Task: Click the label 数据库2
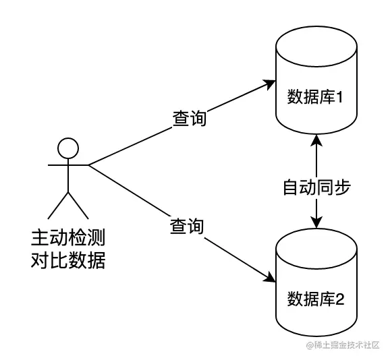pos(316,297)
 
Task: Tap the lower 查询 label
pos(186,226)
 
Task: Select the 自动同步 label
pos(316,187)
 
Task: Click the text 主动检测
pos(67,237)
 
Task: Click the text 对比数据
pos(67,260)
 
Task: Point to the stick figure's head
pos(67,147)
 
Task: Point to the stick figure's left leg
pos(58,204)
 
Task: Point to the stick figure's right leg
pos(78,204)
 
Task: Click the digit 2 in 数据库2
pos(340,297)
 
